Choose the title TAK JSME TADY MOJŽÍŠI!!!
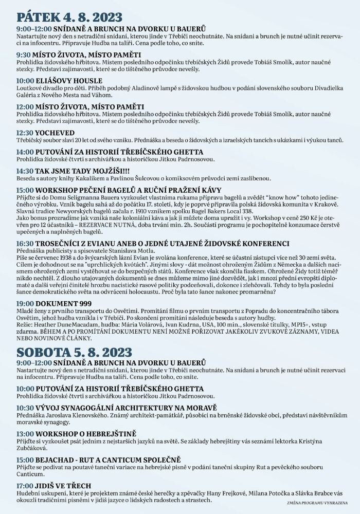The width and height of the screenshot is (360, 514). [x=86, y=170]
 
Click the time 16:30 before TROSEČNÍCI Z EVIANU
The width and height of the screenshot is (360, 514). [x=25, y=243]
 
